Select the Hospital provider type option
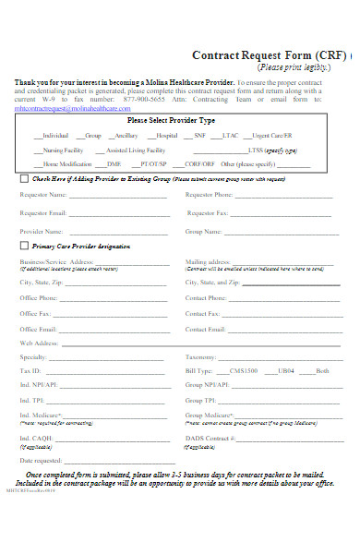tap(166, 136)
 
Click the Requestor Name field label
tap(43, 196)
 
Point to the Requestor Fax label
tap(207, 213)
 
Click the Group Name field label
tap(206, 231)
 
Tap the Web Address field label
tap(40, 343)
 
